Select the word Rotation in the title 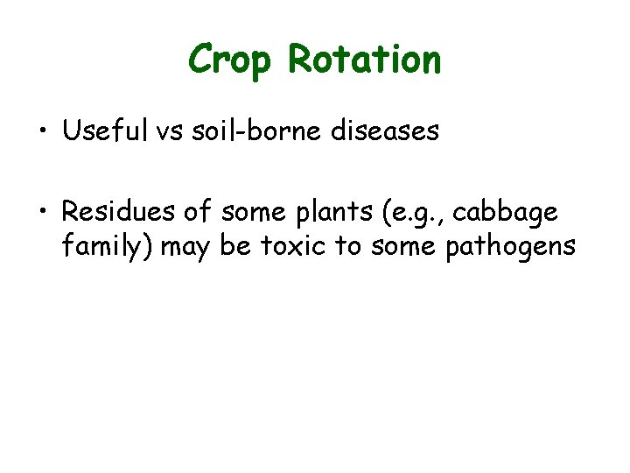click(365, 60)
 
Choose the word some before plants click(250, 212)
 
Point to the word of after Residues click(198, 212)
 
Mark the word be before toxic click(234, 247)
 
